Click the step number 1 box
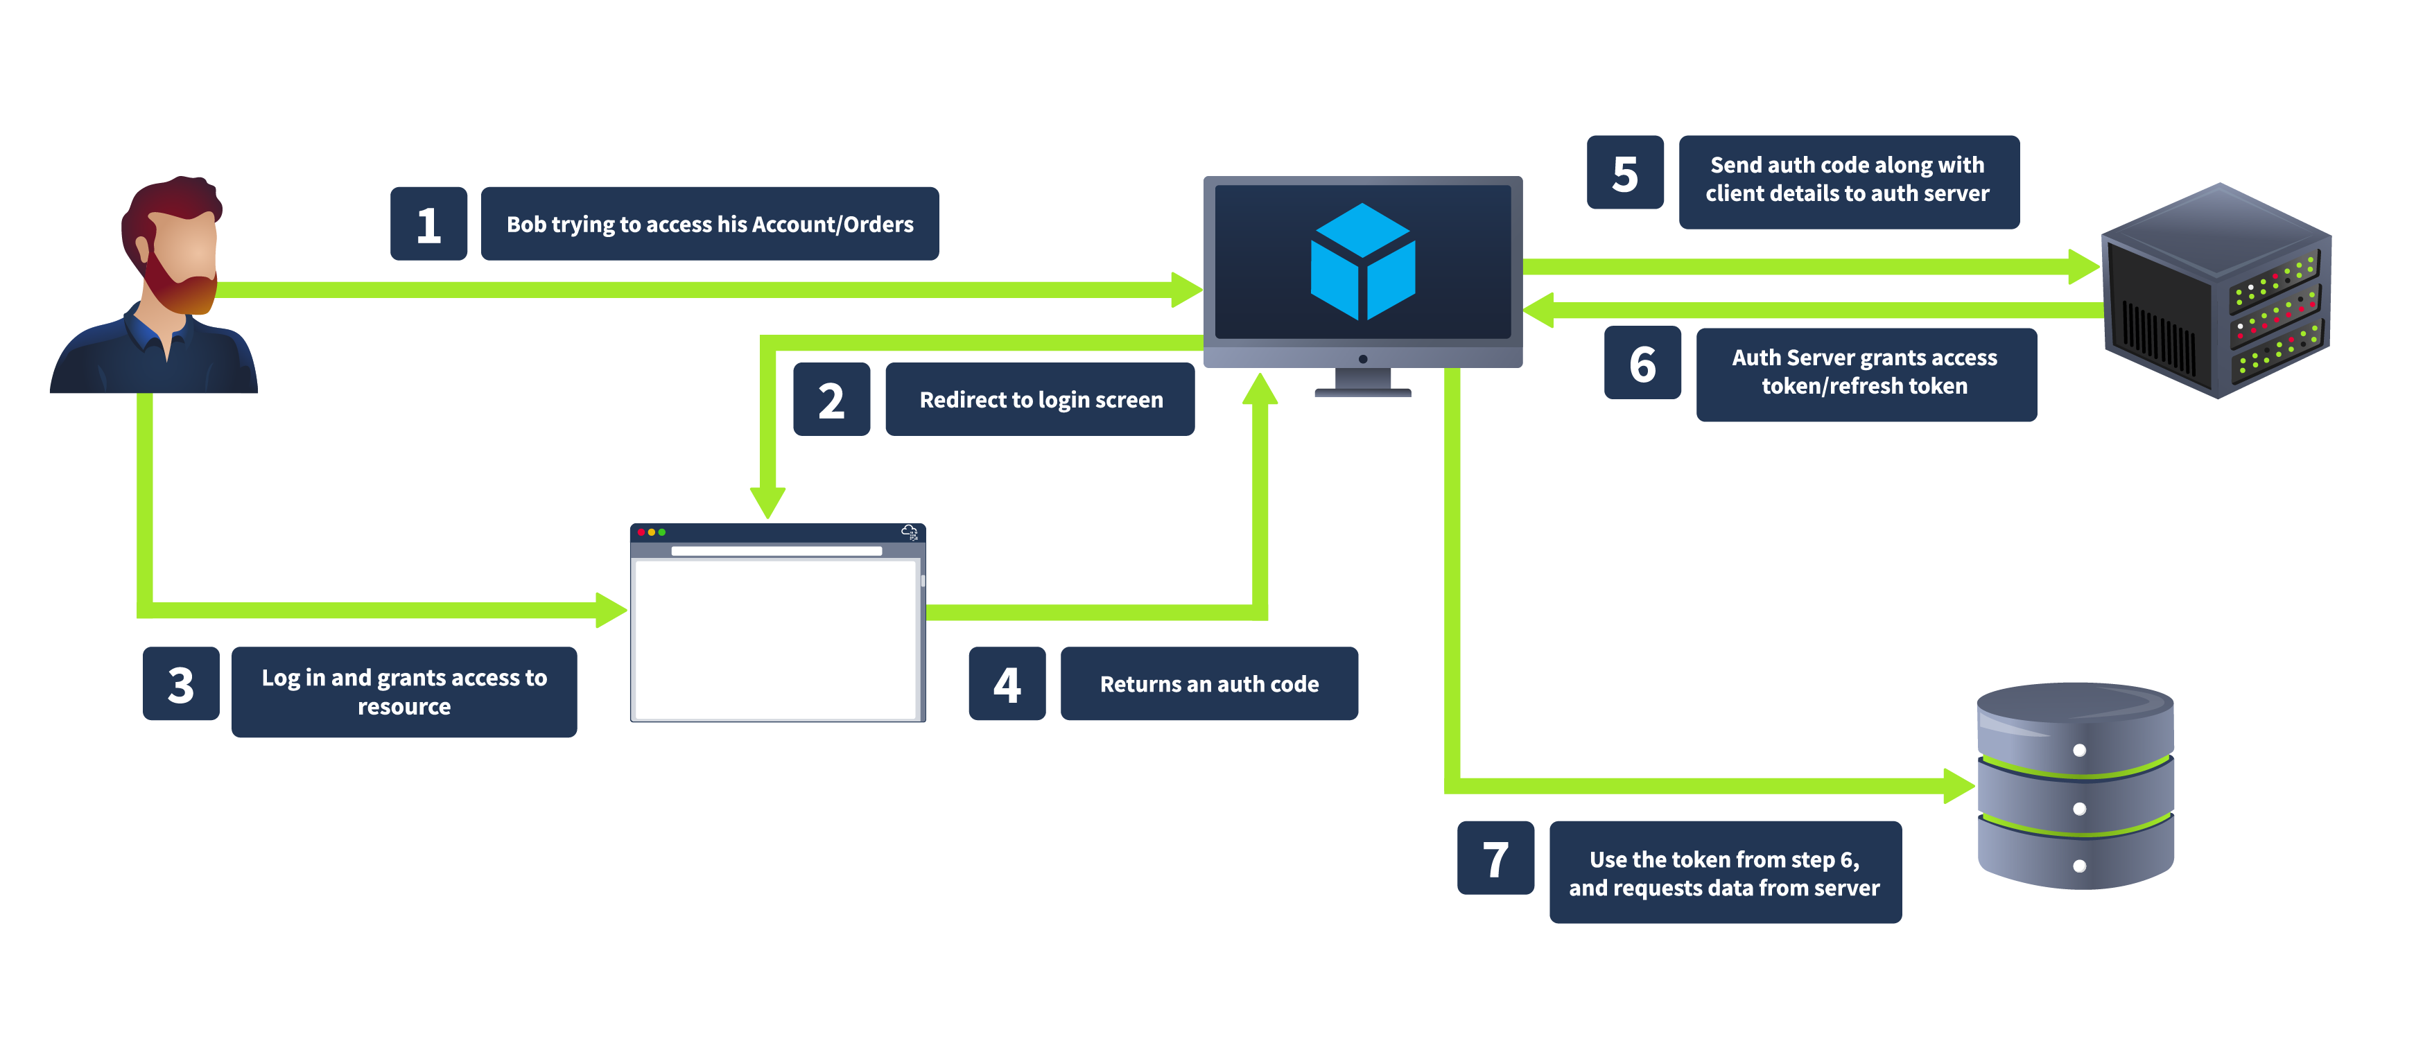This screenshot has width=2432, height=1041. [428, 224]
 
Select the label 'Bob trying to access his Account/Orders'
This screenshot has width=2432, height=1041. [709, 224]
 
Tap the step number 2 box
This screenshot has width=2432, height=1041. [831, 399]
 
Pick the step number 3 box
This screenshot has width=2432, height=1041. [180, 684]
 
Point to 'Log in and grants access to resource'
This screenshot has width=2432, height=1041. [404, 692]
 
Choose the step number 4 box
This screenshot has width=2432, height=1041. [1007, 684]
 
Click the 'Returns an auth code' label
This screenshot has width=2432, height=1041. [1208, 684]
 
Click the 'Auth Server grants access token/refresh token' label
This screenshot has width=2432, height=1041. [1865, 373]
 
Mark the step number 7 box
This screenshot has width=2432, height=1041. [1495, 858]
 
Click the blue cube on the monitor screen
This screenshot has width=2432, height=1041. [1362, 263]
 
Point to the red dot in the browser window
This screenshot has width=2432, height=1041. [641, 532]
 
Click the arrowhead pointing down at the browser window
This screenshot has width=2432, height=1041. [767, 501]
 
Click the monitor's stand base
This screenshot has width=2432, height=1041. [1362, 392]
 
